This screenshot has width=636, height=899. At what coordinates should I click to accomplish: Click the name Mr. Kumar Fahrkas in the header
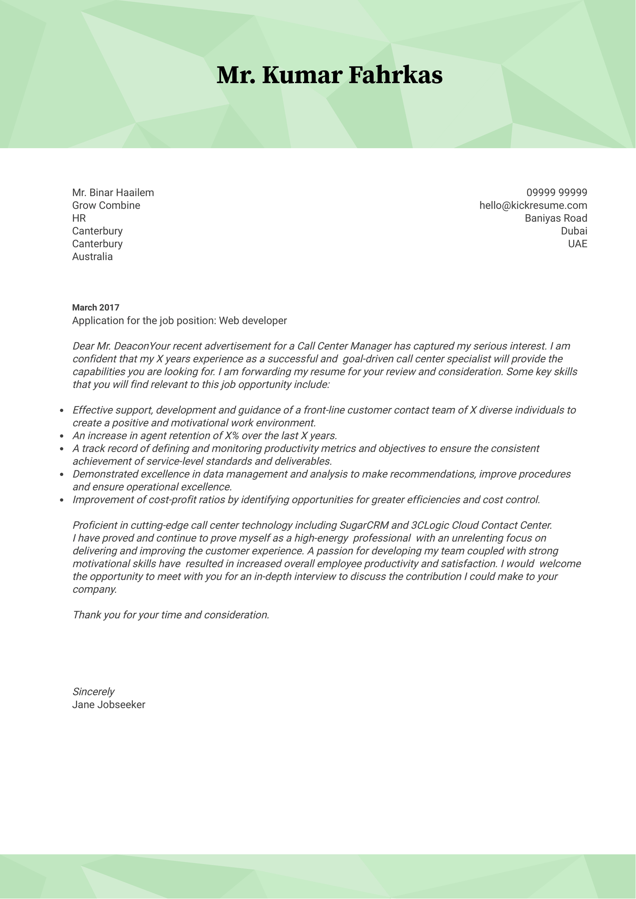pos(329,75)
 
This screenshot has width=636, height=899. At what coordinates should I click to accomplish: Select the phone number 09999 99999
pos(557,192)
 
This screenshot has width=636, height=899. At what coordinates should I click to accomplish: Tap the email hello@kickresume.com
pos(533,205)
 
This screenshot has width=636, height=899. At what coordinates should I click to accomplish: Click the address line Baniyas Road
pos(556,218)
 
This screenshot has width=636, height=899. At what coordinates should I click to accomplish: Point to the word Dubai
pos(574,231)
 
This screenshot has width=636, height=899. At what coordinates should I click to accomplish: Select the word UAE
pos(578,244)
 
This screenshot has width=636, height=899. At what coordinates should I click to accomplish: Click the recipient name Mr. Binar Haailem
pos(113,192)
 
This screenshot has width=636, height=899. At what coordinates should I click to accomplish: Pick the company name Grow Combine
pos(106,205)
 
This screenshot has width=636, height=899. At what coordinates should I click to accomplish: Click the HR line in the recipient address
pos(79,218)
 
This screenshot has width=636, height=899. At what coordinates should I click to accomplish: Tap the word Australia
pos(92,257)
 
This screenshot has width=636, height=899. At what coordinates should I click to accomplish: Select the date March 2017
pos(95,308)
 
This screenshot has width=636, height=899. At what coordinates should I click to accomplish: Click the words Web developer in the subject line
pos(253,321)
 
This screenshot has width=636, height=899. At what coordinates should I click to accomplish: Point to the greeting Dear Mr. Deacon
pos(110,346)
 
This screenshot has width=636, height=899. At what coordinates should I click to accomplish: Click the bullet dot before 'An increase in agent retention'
pos(62,436)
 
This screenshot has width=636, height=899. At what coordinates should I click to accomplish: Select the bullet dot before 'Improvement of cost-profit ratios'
pos(62,500)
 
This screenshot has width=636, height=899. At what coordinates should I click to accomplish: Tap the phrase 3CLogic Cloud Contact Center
pos(481,526)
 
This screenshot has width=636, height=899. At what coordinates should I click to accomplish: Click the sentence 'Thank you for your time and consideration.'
pos(171,615)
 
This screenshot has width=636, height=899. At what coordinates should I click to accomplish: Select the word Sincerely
pos(93,692)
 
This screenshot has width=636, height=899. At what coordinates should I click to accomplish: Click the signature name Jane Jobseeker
pos(109,705)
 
